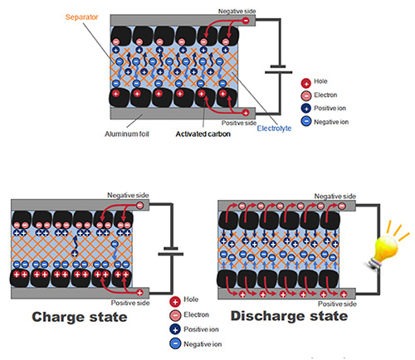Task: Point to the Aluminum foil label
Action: [x=131, y=133]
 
